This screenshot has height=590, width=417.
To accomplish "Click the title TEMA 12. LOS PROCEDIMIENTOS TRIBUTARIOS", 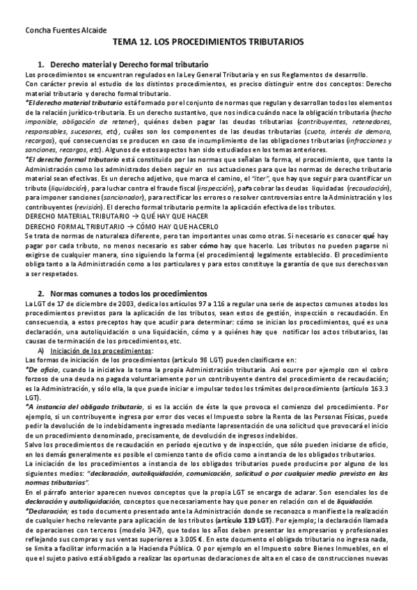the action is click(x=208, y=42).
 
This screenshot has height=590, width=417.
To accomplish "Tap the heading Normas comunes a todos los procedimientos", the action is click(x=124, y=294).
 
